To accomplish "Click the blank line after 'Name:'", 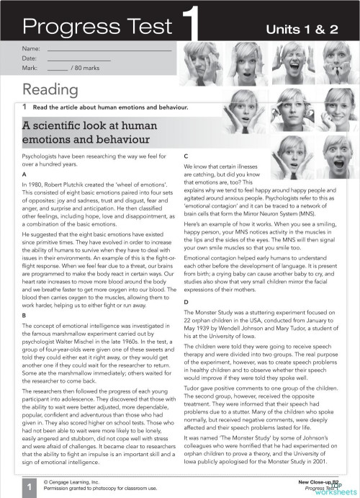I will (108, 49).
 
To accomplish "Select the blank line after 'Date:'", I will (108, 58).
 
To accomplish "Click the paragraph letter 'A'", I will (25, 176).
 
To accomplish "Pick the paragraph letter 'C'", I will (186, 156).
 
